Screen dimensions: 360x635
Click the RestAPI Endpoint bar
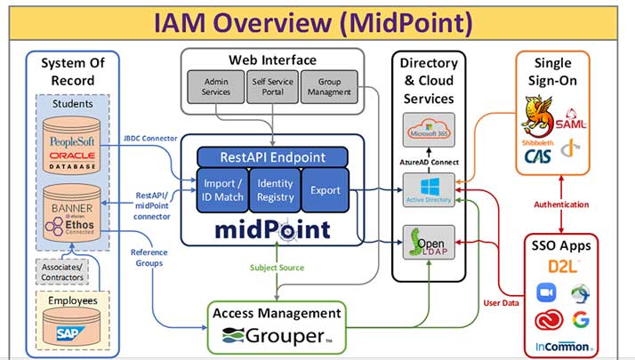point(272,157)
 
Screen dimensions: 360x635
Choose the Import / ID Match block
point(223,189)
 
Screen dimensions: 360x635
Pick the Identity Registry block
point(275,189)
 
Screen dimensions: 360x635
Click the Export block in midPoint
point(325,189)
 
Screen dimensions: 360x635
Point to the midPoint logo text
point(272,228)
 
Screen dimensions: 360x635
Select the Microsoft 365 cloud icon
point(430,132)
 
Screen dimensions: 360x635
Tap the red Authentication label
point(562,204)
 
